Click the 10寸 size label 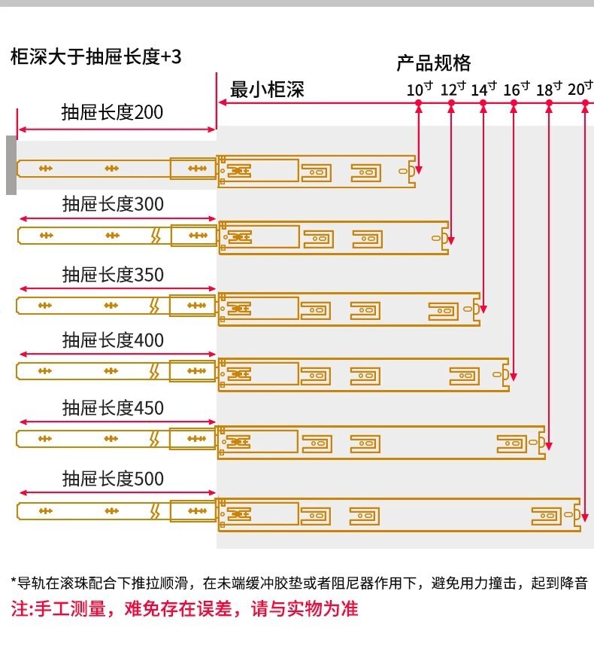[x=420, y=89]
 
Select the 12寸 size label [x=453, y=89]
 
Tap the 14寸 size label [x=484, y=89]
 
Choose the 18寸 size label [x=550, y=89]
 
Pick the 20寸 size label [x=580, y=89]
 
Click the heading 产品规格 [x=433, y=62]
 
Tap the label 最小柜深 [x=267, y=90]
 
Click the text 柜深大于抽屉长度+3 [x=95, y=56]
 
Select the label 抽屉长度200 [x=112, y=113]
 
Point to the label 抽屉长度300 [x=112, y=204]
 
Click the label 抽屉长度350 [x=112, y=275]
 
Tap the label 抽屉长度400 [x=112, y=341]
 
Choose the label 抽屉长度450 [x=112, y=408]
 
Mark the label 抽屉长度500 [x=112, y=478]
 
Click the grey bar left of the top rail [x=11, y=166]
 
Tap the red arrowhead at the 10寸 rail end [x=418, y=169]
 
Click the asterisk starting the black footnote [x=14, y=582]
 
